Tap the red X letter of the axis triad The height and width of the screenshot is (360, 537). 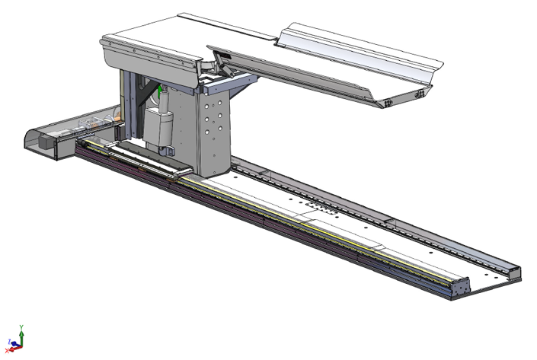7,352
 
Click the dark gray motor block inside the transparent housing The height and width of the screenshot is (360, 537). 47,142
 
